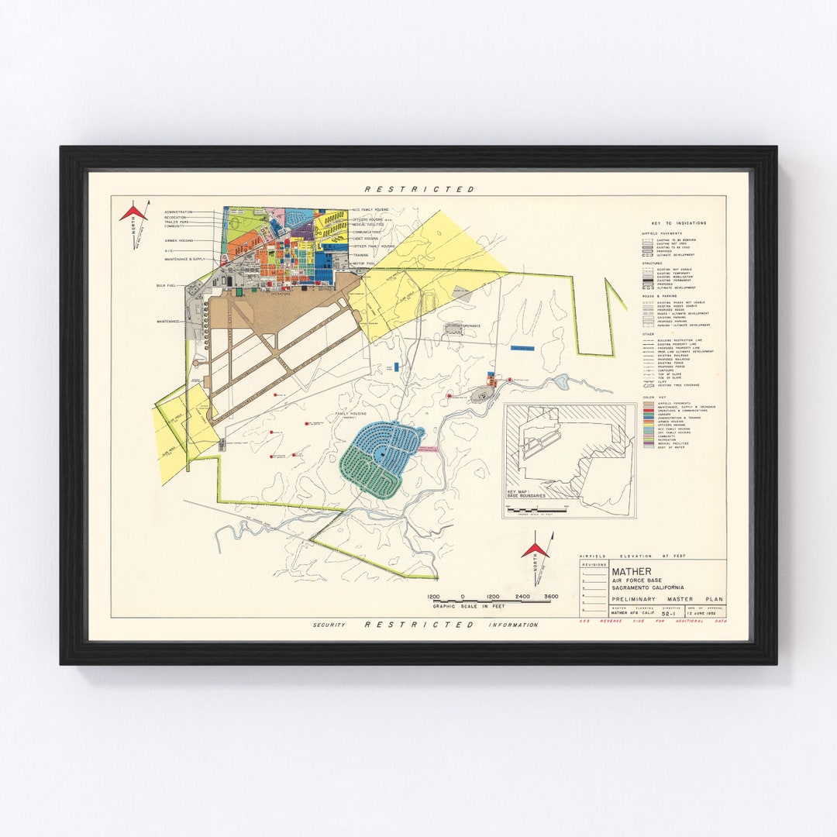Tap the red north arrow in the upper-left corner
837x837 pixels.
[133, 212]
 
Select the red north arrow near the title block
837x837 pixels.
[535, 550]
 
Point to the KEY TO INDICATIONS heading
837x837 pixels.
[673, 223]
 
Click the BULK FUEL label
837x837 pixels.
[165, 285]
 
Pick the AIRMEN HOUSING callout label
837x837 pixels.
[177, 241]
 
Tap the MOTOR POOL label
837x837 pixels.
[363, 262]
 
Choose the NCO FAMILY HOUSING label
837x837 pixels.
[370, 209]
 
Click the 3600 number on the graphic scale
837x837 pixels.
[550, 597]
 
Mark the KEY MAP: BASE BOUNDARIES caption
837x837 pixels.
[526, 494]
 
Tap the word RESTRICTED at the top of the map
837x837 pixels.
[419, 189]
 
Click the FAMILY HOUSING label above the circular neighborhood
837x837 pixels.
[350, 415]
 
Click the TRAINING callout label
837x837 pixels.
[361, 254]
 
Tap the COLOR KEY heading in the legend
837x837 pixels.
[649, 397]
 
